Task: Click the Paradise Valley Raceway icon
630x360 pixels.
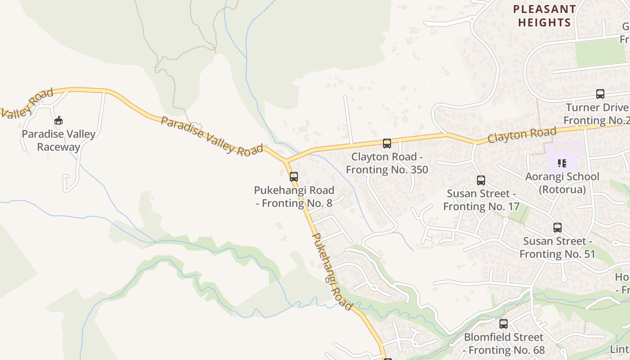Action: click(x=58, y=120)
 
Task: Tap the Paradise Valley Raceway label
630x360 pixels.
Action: click(x=58, y=140)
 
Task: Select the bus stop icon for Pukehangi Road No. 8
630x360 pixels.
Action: click(x=294, y=176)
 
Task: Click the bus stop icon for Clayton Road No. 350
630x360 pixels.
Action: click(x=387, y=144)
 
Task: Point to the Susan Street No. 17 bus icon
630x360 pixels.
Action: click(x=481, y=180)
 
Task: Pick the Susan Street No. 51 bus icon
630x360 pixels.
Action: click(x=558, y=228)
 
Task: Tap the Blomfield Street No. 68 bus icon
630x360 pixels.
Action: click(x=504, y=324)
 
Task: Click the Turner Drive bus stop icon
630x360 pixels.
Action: click(x=600, y=94)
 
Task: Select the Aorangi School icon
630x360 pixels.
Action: click(x=562, y=163)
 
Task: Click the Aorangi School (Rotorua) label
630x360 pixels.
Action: click(x=562, y=183)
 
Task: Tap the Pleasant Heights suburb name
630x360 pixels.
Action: click(x=544, y=16)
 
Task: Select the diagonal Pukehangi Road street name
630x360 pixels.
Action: click(x=332, y=271)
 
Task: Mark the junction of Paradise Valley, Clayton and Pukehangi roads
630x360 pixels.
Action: click(x=286, y=161)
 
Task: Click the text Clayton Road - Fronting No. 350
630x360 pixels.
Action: click(x=387, y=163)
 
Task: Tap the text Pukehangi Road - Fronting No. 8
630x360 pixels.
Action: click(x=294, y=197)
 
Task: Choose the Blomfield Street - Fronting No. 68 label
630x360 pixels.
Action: click(x=504, y=343)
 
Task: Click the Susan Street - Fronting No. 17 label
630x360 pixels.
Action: click(x=481, y=200)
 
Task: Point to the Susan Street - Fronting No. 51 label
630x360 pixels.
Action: click(x=558, y=247)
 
